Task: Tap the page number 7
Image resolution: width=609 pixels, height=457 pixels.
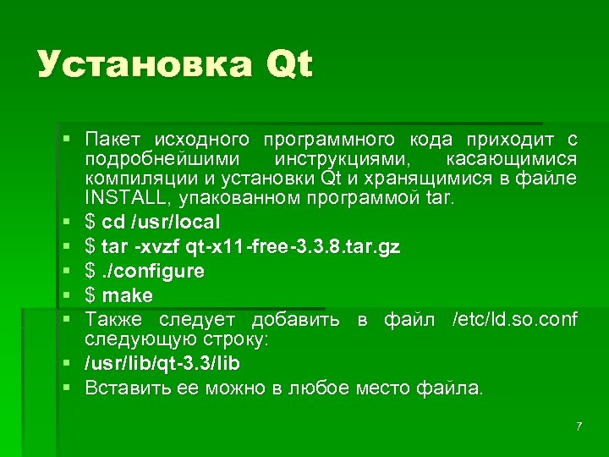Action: tap(579, 426)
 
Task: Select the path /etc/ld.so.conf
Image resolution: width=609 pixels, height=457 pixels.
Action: tap(515, 320)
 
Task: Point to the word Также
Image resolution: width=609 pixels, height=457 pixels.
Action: tap(113, 320)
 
